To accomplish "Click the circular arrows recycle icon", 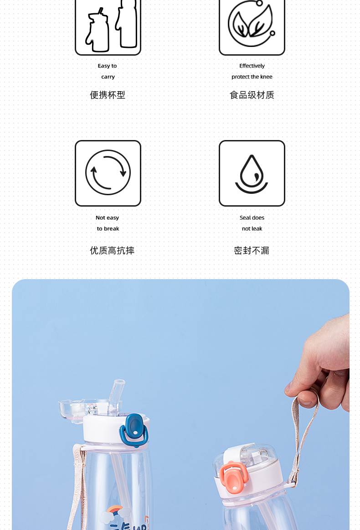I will click(108, 173).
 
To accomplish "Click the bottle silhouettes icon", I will click(108, 25).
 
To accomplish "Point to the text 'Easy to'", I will click(108, 66).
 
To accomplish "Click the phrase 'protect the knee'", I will click(252, 77).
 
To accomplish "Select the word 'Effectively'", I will click(252, 66).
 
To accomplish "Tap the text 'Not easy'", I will click(108, 218).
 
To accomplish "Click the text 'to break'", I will click(108, 229).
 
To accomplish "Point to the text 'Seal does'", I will click(252, 218).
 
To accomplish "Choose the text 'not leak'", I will click(252, 229).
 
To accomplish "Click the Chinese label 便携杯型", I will click(108, 95).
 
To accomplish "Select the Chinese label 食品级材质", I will click(252, 95).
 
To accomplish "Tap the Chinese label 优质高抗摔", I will click(112, 251).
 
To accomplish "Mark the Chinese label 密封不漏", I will click(252, 251).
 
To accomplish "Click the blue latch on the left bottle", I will click(134, 429).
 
